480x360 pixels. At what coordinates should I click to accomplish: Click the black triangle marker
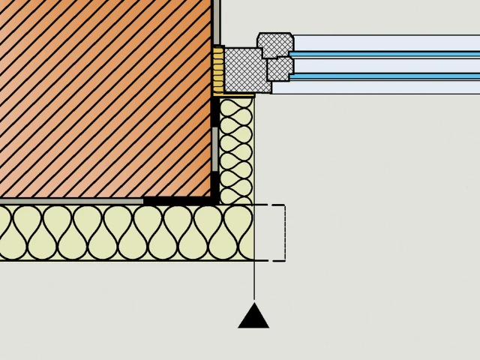[x=253, y=317]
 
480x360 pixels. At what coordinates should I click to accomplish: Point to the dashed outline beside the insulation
[x=283, y=232]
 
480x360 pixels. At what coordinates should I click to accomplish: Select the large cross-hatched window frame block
[x=241, y=70]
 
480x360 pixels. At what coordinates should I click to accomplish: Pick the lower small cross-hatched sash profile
[x=278, y=70]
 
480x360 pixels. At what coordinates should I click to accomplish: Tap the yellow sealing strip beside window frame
[x=218, y=70]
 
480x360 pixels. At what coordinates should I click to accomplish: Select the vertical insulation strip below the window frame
[x=236, y=150]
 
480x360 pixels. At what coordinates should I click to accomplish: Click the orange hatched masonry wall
[x=105, y=97]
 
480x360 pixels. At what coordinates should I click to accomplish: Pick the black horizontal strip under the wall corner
[x=177, y=201]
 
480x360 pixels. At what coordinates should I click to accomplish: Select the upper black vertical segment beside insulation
[x=214, y=112]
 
